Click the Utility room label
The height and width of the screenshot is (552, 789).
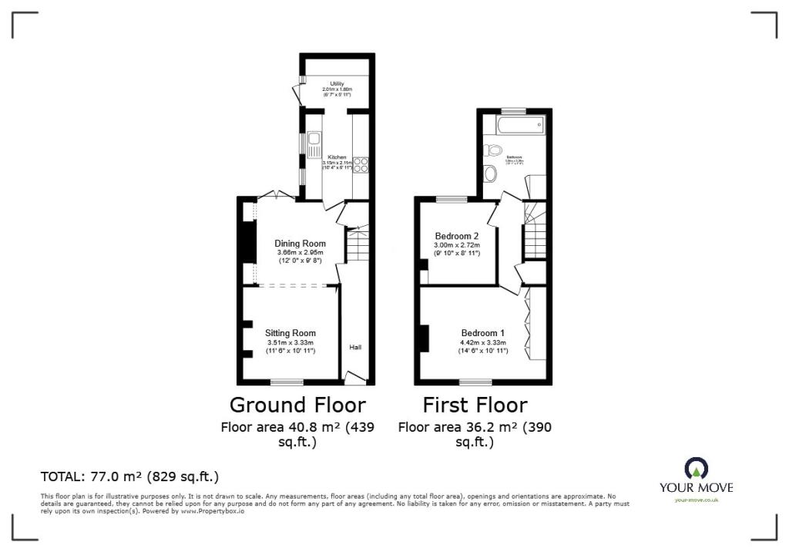click(337, 83)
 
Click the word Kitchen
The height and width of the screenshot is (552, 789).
click(337, 157)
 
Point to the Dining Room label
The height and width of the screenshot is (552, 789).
click(300, 244)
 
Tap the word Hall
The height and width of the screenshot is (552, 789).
click(355, 348)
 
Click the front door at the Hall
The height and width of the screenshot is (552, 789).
click(355, 377)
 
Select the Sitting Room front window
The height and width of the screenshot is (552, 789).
click(287, 382)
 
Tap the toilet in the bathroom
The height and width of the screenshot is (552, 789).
click(493, 150)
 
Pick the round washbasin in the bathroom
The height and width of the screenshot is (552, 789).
click(489, 173)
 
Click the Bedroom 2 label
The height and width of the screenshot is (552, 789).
click(457, 236)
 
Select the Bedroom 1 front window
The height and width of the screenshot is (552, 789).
click(475, 382)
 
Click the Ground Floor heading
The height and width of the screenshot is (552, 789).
click(297, 405)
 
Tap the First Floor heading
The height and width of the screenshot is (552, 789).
click(475, 405)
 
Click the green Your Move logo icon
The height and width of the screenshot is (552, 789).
click(696, 468)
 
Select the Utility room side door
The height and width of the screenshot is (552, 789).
click(297, 94)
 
